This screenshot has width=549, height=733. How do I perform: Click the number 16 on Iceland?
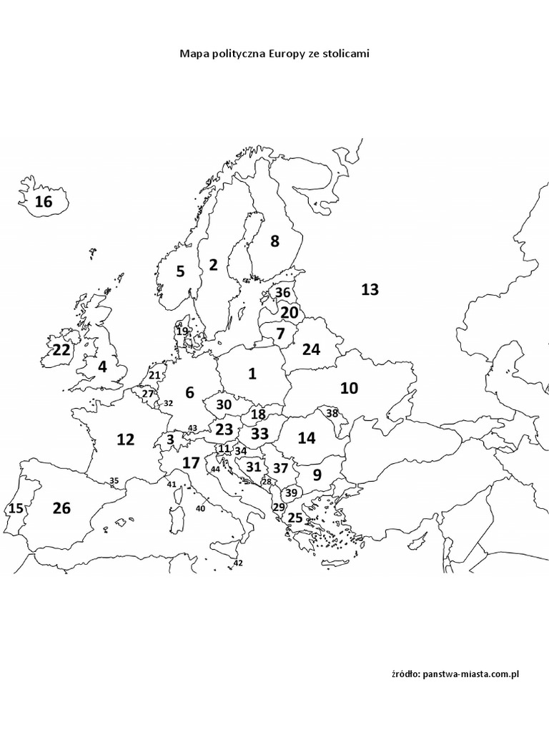tap(44, 202)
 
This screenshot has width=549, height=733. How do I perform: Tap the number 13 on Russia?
tap(370, 290)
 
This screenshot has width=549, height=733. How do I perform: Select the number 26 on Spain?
tap(61, 508)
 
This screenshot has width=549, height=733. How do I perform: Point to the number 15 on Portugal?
tap(16, 509)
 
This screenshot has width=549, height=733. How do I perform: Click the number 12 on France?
tap(125, 440)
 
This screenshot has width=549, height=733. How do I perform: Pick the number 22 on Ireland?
tap(61, 350)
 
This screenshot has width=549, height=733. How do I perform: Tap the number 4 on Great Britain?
tap(102, 367)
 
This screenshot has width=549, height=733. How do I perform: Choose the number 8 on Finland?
tap(274, 242)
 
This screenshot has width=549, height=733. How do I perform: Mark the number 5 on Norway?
tap(180, 272)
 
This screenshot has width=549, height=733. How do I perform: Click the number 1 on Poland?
tap(252, 373)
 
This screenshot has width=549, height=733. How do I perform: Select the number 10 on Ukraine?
tap(349, 389)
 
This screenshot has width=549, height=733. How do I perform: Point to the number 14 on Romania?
tap(306, 438)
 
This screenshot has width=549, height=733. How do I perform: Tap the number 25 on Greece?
tap(295, 518)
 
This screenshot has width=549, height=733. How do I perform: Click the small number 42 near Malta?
tap(238, 563)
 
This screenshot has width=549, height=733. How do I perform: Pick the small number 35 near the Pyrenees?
tap(114, 481)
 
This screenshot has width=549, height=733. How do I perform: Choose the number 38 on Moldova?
tap(332, 413)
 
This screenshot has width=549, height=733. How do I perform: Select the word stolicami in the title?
tap(345, 54)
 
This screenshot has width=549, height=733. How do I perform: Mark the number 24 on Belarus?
tap(311, 349)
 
